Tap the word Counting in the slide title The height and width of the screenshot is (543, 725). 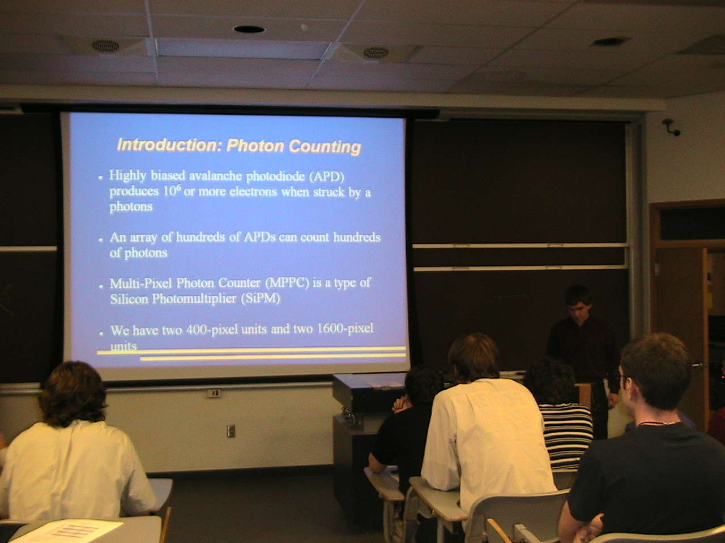325,147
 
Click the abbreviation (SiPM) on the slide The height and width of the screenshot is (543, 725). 261,299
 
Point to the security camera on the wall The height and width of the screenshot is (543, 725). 671,127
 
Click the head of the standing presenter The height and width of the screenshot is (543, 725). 578,301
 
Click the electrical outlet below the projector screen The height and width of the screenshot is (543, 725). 231,430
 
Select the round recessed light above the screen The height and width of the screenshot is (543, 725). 249,29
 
